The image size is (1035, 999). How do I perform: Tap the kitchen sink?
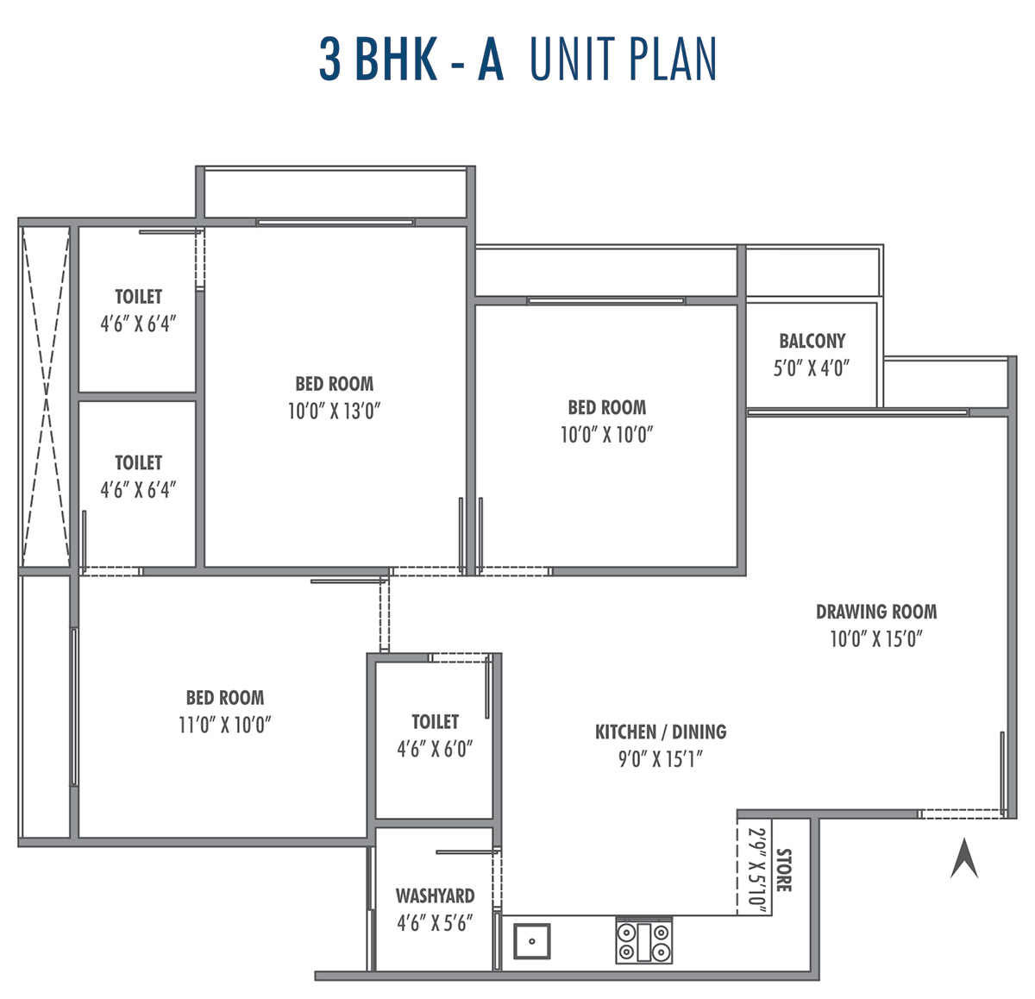(x=531, y=941)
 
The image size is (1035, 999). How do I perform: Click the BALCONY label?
(x=812, y=341)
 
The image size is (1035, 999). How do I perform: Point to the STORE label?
(x=783, y=870)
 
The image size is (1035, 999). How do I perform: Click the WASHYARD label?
(x=435, y=895)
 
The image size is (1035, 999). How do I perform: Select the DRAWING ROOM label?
(x=876, y=612)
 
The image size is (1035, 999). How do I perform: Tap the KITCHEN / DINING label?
(x=660, y=732)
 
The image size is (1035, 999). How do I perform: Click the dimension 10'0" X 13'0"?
(x=334, y=411)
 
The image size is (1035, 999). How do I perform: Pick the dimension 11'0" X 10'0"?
(x=224, y=725)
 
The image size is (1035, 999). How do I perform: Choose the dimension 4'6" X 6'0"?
(x=435, y=749)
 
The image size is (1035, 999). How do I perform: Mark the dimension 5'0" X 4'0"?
(x=811, y=368)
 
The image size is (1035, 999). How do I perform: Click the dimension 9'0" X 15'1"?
(x=660, y=759)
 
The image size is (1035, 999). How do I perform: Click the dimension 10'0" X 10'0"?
(x=606, y=435)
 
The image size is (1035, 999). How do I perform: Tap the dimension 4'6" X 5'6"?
(x=435, y=923)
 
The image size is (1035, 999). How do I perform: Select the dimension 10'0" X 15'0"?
(x=876, y=639)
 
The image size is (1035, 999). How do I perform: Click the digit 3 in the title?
(x=329, y=59)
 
